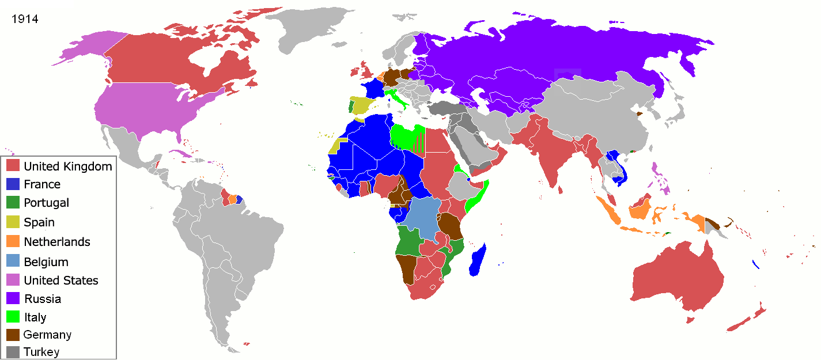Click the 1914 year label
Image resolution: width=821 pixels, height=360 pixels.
click(25, 19)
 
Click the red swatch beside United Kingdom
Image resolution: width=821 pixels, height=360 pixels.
click(14, 166)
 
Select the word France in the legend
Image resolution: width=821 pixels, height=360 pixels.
click(42, 184)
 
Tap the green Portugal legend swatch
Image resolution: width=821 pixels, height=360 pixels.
click(14, 203)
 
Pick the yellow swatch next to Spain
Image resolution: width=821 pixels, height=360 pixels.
click(14, 222)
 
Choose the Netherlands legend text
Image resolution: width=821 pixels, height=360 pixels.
click(57, 242)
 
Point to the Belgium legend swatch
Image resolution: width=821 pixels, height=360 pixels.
click(14, 262)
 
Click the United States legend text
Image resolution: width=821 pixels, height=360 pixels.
click(61, 281)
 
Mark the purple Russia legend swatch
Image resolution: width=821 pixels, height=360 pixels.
click(14, 298)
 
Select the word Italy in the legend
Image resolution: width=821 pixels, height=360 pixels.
click(35, 317)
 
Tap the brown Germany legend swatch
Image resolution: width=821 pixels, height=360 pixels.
click(14, 335)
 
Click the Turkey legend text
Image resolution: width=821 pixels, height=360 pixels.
click(41, 351)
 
